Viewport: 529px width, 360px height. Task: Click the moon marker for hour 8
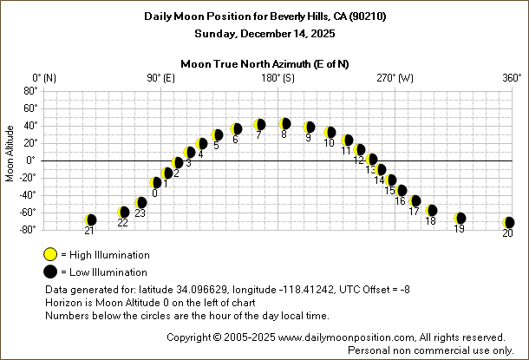(x=284, y=124)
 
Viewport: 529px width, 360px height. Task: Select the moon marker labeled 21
(x=90, y=220)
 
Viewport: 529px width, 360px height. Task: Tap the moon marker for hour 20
(x=508, y=223)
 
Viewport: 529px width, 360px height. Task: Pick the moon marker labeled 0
(x=156, y=182)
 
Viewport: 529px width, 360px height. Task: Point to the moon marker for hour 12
(x=360, y=150)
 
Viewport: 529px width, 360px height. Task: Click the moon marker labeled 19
(x=460, y=219)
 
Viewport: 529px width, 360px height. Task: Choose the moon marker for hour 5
(x=218, y=135)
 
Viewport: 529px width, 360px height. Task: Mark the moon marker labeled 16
(x=401, y=191)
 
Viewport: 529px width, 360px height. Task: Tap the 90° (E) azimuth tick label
(x=160, y=78)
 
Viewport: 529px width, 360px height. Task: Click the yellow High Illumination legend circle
(x=50, y=254)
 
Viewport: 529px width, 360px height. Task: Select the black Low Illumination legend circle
(x=50, y=272)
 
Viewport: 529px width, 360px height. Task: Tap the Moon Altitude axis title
(x=10, y=160)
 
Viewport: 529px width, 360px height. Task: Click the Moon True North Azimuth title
(x=265, y=63)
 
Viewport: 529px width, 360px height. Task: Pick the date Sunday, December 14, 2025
(x=264, y=33)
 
